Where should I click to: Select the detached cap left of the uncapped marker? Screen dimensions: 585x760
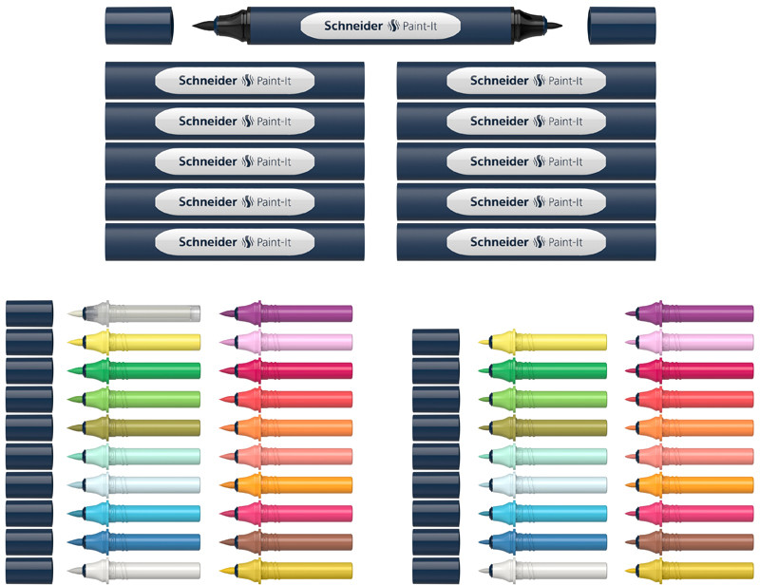point(138,24)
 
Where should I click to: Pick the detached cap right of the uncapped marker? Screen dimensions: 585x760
point(622,24)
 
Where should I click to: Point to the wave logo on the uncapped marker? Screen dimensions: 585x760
point(392,26)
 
